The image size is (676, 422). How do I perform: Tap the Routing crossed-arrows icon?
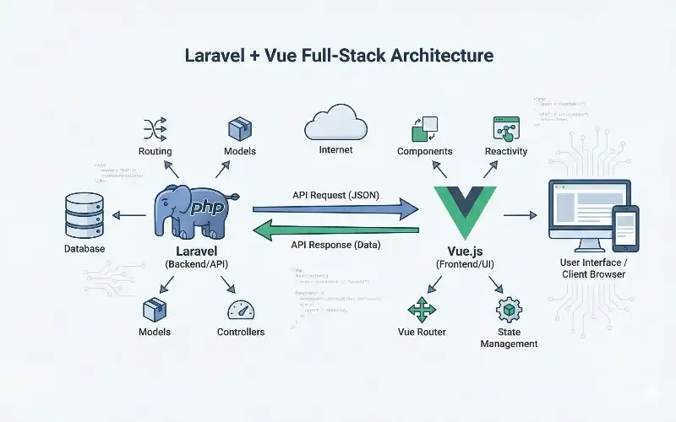tap(155, 128)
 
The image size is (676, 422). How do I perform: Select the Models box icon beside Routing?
tap(241, 129)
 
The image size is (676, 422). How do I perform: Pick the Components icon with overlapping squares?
tap(423, 128)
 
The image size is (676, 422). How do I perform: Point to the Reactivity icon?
tap(505, 128)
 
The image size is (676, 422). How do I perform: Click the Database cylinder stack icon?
tap(84, 215)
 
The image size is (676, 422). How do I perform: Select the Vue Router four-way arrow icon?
tap(421, 309)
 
